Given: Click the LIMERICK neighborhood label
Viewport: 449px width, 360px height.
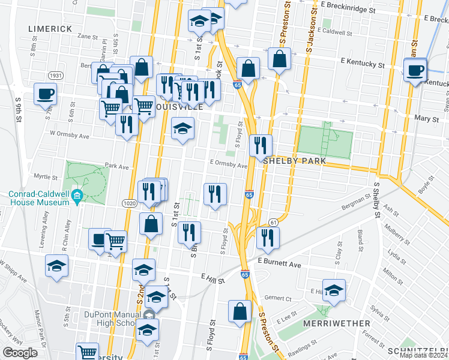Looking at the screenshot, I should [50, 29].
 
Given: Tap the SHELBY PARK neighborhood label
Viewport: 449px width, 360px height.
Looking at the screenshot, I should [298, 161].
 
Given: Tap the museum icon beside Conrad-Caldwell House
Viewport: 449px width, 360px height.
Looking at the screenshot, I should [77, 196].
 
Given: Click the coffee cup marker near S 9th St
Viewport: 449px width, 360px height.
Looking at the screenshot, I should [46, 94].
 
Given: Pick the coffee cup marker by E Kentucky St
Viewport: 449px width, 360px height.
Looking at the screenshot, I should [415, 70].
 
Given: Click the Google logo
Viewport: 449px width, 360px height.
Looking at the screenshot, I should [20, 353].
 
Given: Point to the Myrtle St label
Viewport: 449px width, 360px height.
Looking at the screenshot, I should [45, 177].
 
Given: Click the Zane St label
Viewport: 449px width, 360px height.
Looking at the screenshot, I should [87, 37].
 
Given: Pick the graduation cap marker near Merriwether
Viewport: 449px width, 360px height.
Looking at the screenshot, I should [334, 289].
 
